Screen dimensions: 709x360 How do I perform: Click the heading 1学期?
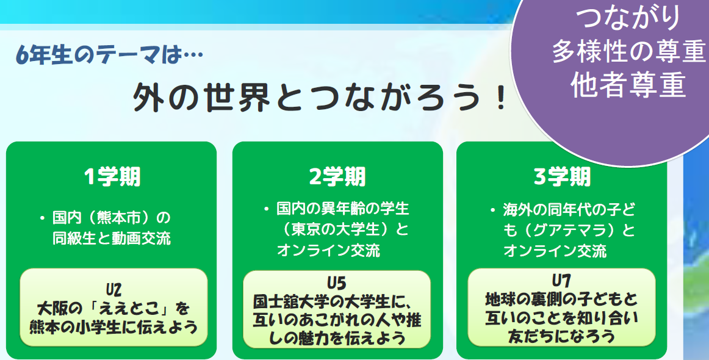click(x=112, y=177)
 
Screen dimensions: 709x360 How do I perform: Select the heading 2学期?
click(x=337, y=177)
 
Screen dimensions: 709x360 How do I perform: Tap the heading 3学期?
click(x=562, y=177)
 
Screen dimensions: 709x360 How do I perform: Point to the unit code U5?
click(x=336, y=283)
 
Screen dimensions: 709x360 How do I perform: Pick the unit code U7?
click(x=561, y=281)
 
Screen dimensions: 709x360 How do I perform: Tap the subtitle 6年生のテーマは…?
click(x=109, y=56)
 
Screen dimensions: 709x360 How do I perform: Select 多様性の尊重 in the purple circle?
click(x=628, y=51)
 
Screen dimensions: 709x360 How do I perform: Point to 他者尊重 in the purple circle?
click(x=628, y=85)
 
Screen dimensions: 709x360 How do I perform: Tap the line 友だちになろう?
click(x=561, y=336)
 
